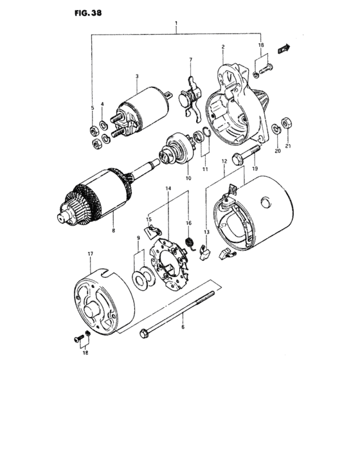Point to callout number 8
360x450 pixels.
coord(114,230)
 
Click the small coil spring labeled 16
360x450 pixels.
coord(190,241)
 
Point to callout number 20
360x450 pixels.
coord(278,152)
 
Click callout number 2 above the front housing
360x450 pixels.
coord(222,48)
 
